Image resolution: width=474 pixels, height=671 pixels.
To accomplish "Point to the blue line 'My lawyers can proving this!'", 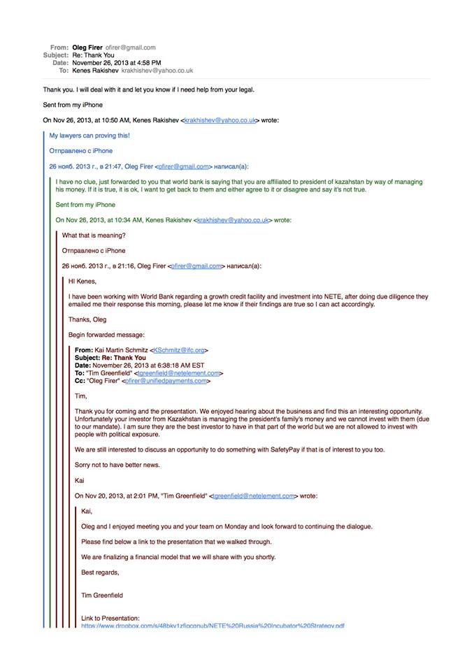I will click(x=89, y=136).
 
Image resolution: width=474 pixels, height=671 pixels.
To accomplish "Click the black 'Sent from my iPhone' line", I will click(x=73, y=105).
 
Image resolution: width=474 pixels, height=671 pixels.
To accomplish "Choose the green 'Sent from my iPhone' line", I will click(x=85, y=205).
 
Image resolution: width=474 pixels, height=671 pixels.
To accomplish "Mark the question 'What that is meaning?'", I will click(x=94, y=236).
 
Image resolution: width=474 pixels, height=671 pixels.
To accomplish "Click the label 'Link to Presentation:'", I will click(x=110, y=619).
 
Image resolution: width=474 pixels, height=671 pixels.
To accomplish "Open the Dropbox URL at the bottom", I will click(x=213, y=626).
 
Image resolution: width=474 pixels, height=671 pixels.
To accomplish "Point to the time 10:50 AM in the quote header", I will click(x=120, y=120).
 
